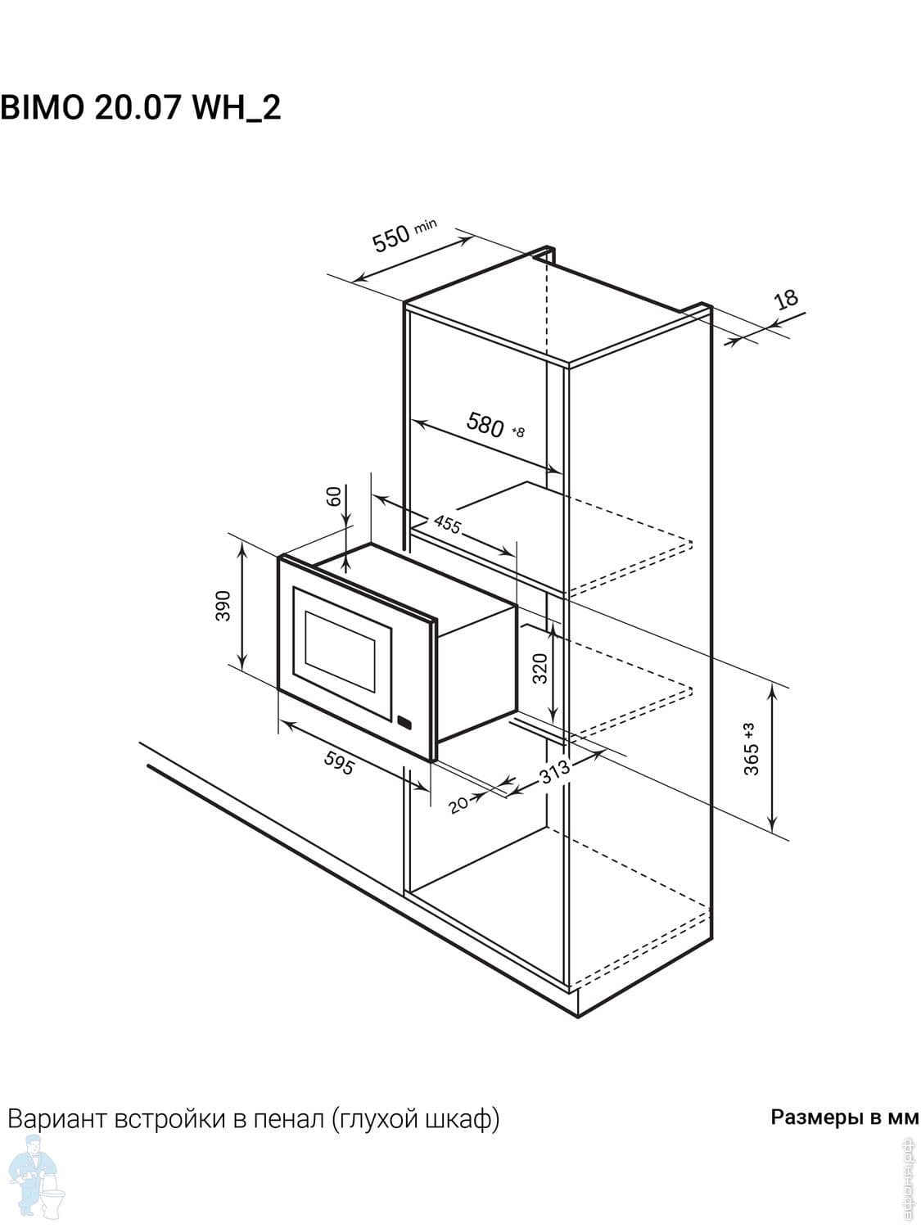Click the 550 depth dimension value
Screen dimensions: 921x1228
pos(391,238)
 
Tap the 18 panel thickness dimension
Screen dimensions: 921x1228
pos(787,299)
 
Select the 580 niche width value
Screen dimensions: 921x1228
pos(485,424)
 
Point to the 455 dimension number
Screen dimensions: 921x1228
pos(447,525)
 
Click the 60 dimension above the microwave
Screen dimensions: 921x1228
pos(333,496)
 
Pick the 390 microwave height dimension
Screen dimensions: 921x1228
pos(223,605)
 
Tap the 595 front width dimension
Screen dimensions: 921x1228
pos(340,762)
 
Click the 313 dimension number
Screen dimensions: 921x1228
pos(554,772)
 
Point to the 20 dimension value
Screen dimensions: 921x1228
pos(458,805)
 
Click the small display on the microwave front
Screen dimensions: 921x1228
pos(404,722)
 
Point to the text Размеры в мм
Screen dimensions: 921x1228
pos(844,1117)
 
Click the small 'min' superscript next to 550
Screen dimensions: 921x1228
pos(425,225)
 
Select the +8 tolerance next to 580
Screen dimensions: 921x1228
pos(518,432)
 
